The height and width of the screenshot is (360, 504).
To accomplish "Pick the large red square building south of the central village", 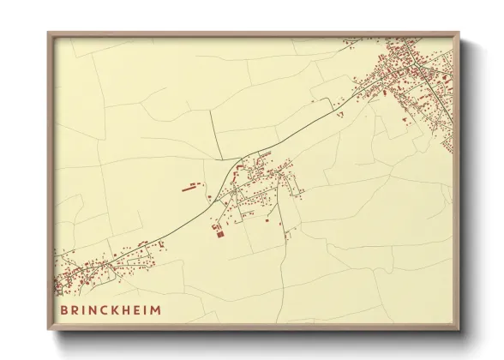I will point(217,231).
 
